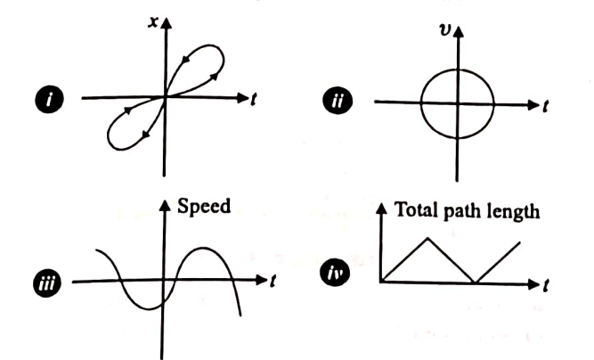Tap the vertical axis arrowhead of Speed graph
click(163, 204)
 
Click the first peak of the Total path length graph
click(428, 236)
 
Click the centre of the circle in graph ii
click(457, 103)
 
